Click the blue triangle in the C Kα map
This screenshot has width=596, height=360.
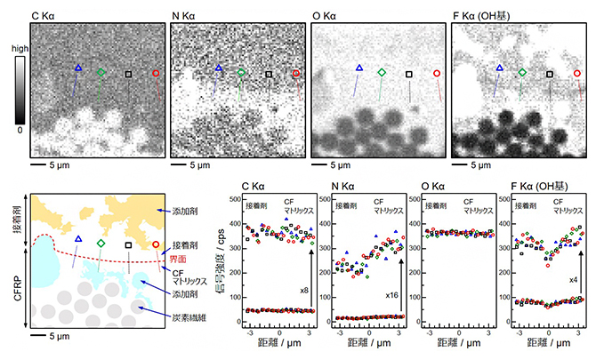click(77, 68)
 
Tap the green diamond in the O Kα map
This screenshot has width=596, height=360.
click(382, 71)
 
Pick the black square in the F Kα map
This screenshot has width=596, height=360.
click(550, 75)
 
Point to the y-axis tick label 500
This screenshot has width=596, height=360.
click(234, 193)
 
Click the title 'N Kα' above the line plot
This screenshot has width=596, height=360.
click(342, 186)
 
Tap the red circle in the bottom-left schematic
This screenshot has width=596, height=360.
click(156, 245)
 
